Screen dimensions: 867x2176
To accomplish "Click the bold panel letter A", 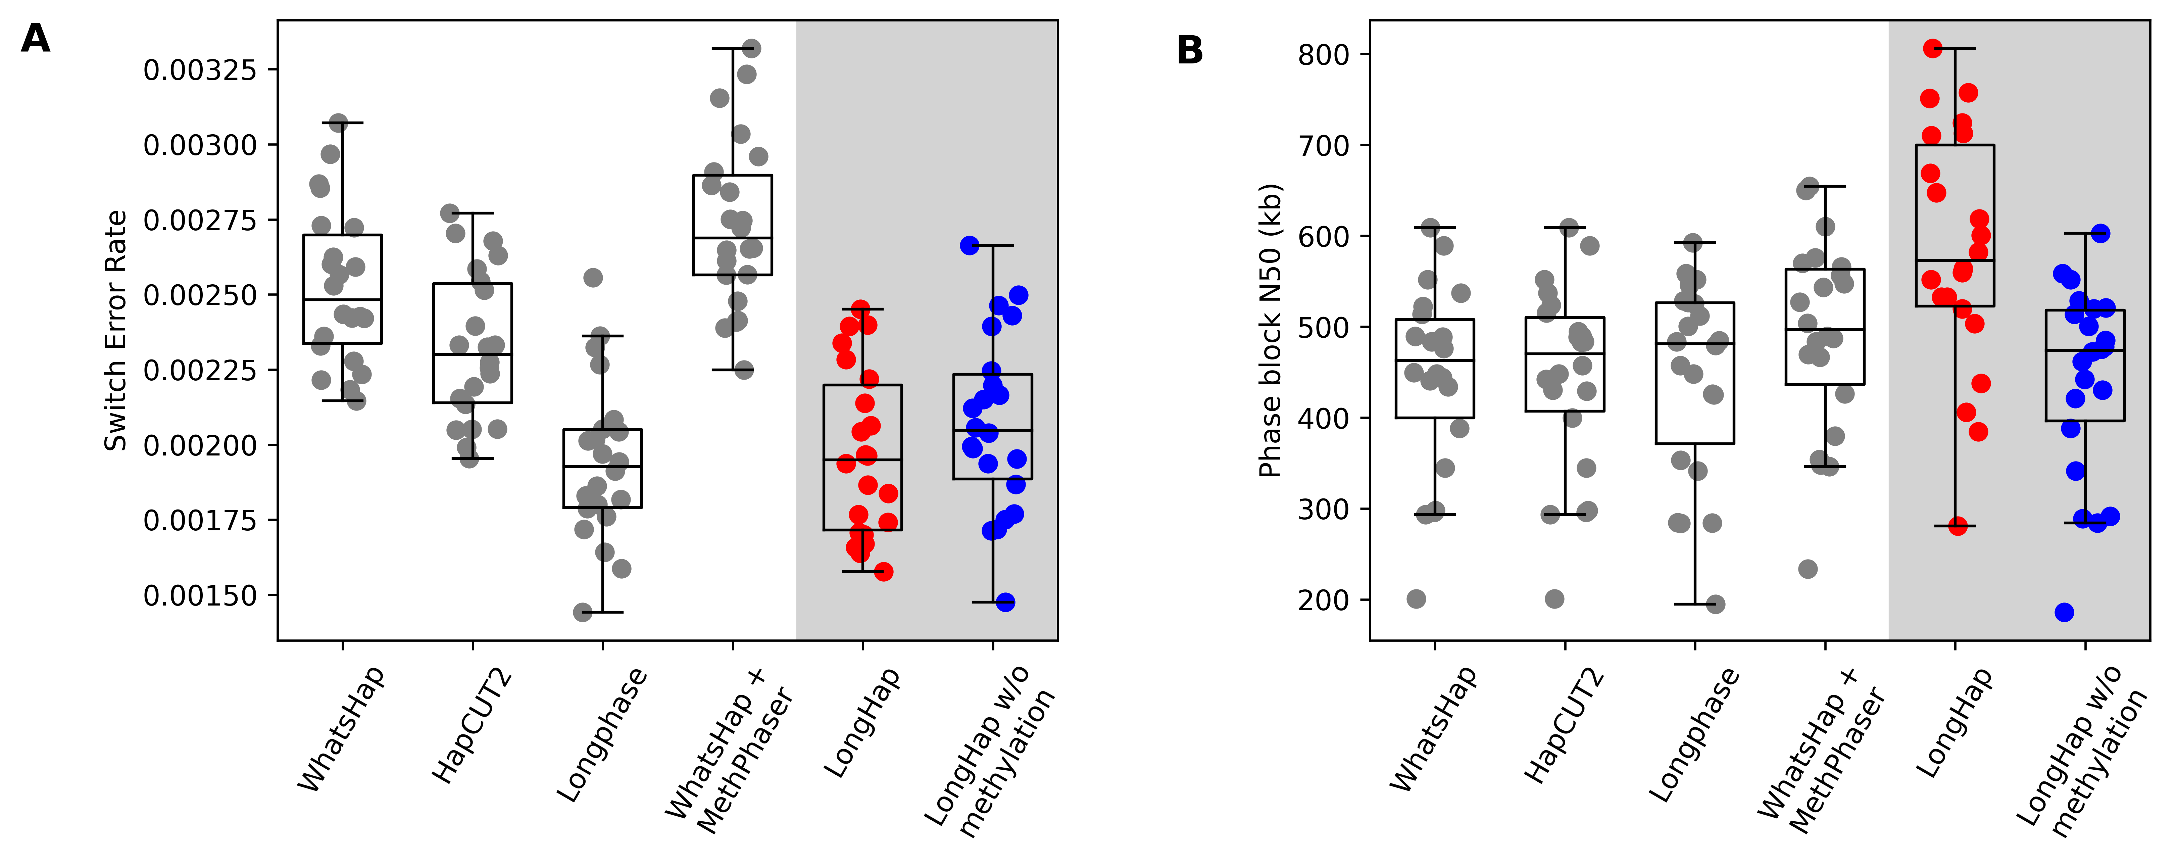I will coord(36,39).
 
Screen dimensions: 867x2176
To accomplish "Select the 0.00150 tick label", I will coord(199,596).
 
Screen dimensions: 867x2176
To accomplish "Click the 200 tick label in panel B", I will coord(1324,600).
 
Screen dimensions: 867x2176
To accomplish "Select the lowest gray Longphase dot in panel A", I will coord(583,612).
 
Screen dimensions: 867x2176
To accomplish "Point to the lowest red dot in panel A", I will coord(884,572).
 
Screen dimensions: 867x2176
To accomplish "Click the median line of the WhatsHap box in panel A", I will coord(342,300).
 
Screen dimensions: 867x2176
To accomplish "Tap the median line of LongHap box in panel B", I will coord(1955,261).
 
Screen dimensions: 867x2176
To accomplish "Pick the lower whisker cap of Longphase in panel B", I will coord(1694,604).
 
